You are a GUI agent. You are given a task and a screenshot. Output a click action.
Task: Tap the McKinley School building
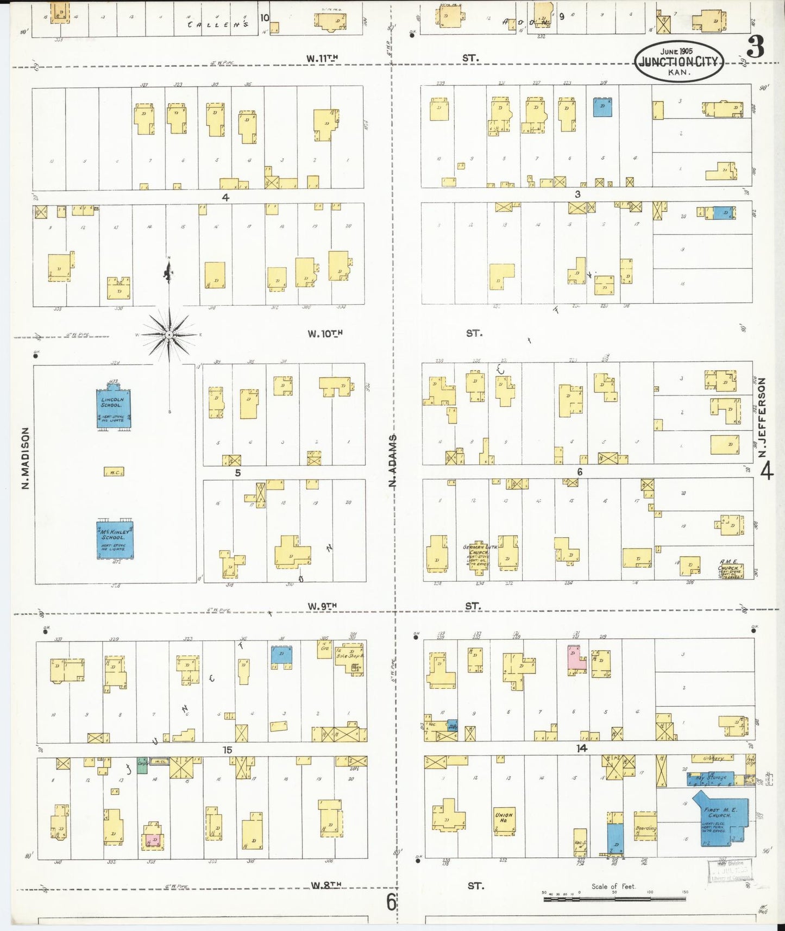(115, 539)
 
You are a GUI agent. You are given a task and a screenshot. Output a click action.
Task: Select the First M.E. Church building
(720, 817)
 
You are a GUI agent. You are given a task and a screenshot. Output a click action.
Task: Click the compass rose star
(169, 335)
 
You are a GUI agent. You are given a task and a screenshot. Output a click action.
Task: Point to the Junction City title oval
(679, 61)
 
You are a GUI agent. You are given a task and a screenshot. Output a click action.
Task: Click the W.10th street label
(325, 334)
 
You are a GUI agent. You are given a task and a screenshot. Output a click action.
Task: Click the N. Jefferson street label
(762, 417)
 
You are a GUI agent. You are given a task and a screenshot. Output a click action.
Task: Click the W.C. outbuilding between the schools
(114, 471)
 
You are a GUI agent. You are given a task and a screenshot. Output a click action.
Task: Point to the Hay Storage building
(710, 778)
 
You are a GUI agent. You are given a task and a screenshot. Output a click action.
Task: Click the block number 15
(227, 750)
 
